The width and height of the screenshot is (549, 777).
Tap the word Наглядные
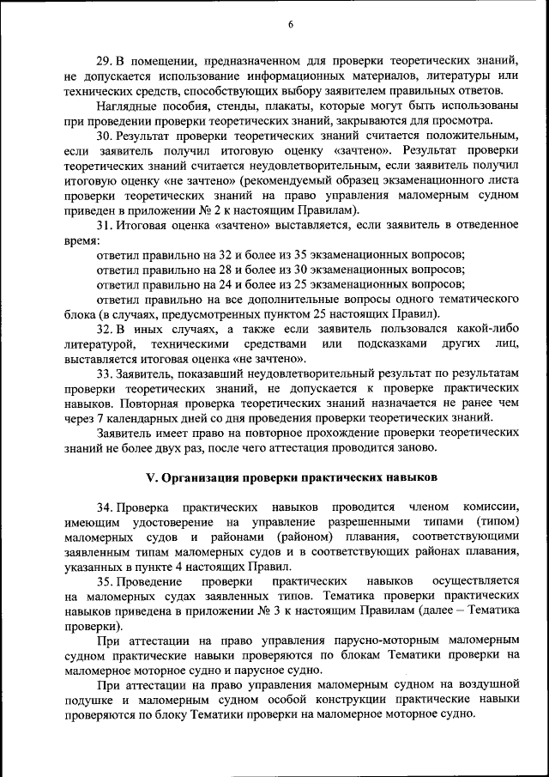[128, 106]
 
